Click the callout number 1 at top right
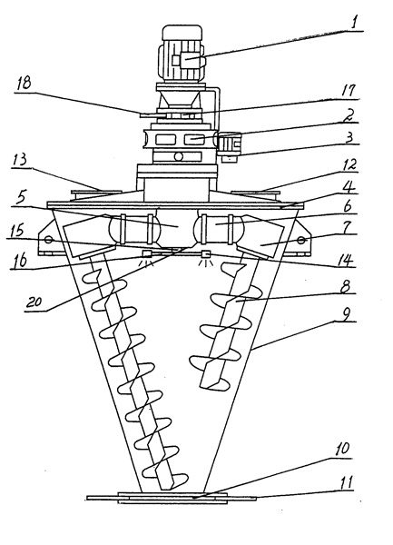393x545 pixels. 354,23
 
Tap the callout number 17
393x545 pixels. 348,90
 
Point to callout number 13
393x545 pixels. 19,162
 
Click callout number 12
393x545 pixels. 349,164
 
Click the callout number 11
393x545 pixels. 346,482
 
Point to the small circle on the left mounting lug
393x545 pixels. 48,240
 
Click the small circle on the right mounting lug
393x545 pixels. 300,240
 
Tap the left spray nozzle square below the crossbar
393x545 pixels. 147,253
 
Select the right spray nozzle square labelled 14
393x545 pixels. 206,254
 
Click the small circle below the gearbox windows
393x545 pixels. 178,156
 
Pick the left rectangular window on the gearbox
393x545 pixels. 165,139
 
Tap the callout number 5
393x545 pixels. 22,198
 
